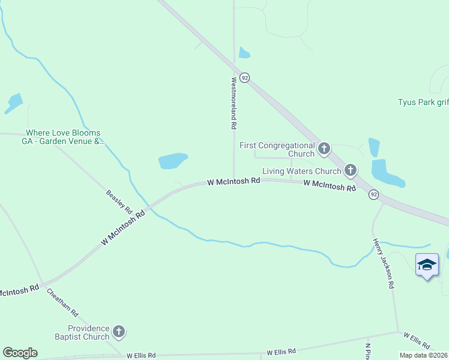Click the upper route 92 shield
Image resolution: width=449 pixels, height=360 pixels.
coord(244,78)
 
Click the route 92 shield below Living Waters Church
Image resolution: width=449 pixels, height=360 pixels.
coord(373,194)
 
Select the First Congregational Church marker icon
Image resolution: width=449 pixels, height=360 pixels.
coord(324,148)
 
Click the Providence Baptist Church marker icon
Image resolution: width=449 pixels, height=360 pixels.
coord(119,331)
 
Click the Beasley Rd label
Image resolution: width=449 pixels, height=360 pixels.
coord(119,202)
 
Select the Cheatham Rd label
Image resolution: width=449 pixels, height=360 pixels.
coord(63,302)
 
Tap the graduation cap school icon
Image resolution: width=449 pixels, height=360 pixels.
coord(427,265)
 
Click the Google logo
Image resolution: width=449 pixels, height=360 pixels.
coord(20,353)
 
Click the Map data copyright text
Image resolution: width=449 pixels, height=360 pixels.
coord(423,355)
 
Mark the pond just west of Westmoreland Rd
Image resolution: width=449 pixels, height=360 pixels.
coord(173,161)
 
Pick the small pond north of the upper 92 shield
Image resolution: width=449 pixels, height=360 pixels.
coord(244,53)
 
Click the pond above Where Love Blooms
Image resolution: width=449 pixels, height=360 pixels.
coord(13,103)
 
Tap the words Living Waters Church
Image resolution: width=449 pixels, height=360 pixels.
coord(301,172)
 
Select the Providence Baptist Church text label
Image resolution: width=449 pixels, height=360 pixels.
coord(88,332)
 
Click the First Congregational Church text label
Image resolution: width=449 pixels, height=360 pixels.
coord(277,149)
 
